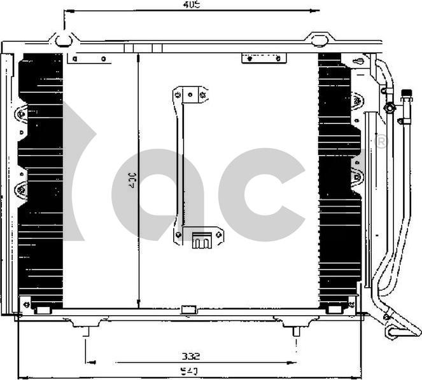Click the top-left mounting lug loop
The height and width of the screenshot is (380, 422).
click(x=63, y=41)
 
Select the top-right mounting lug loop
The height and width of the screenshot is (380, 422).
click(x=319, y=41)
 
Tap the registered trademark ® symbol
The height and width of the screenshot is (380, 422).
click(x=381, y=142)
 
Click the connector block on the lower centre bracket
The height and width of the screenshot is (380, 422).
click(x=202, y=240)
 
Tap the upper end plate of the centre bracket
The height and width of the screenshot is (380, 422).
click(x=190, y=95)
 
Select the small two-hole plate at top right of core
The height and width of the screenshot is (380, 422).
click(x=264, y=58)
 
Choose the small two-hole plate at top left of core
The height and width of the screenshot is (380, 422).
click(x=88, y=59)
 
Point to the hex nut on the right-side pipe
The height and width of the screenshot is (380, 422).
click(x=389, y=108)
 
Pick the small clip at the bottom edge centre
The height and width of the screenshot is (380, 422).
click(x=189, y=310)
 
